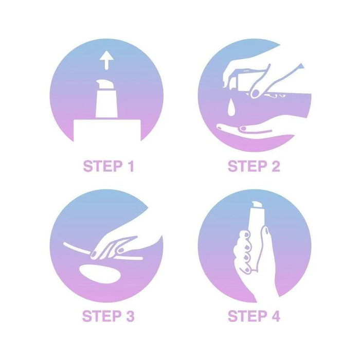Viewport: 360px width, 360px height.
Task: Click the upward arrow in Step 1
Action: pyautogui.click(x=106, y=60)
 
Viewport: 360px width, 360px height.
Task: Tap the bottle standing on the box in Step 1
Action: pyautogui.click(x=106, y=99)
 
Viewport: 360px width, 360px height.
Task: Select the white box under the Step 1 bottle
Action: pyautogui.click(x=107, y=130)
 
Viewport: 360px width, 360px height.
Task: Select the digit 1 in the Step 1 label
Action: pyautogui.click(x=131, y=166)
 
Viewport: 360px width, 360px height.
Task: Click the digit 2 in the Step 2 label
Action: pyautogui.click(x=276, y=166)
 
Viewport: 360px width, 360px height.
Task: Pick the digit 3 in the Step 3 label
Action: pyautogui.click(x=130, y=316)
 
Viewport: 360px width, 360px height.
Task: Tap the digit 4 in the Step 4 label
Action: pyautogui.click(x=276, y=316)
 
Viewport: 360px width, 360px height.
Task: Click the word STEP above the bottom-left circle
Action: pyautogui.click(x=103, y=166)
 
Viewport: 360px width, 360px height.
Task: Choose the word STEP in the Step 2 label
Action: pyautogui.click(x=247, y=166)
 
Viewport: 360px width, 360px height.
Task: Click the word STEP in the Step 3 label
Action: pyautogui.click(x=102, y=316)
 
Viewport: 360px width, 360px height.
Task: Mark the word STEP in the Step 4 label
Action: pyautogui.click(x=247, y=316)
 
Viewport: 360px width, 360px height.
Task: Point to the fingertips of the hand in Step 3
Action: pyautogui.click(x=94, y=254)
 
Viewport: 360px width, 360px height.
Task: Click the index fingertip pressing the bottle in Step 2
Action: pyautogui.click(x=255, y=93)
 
